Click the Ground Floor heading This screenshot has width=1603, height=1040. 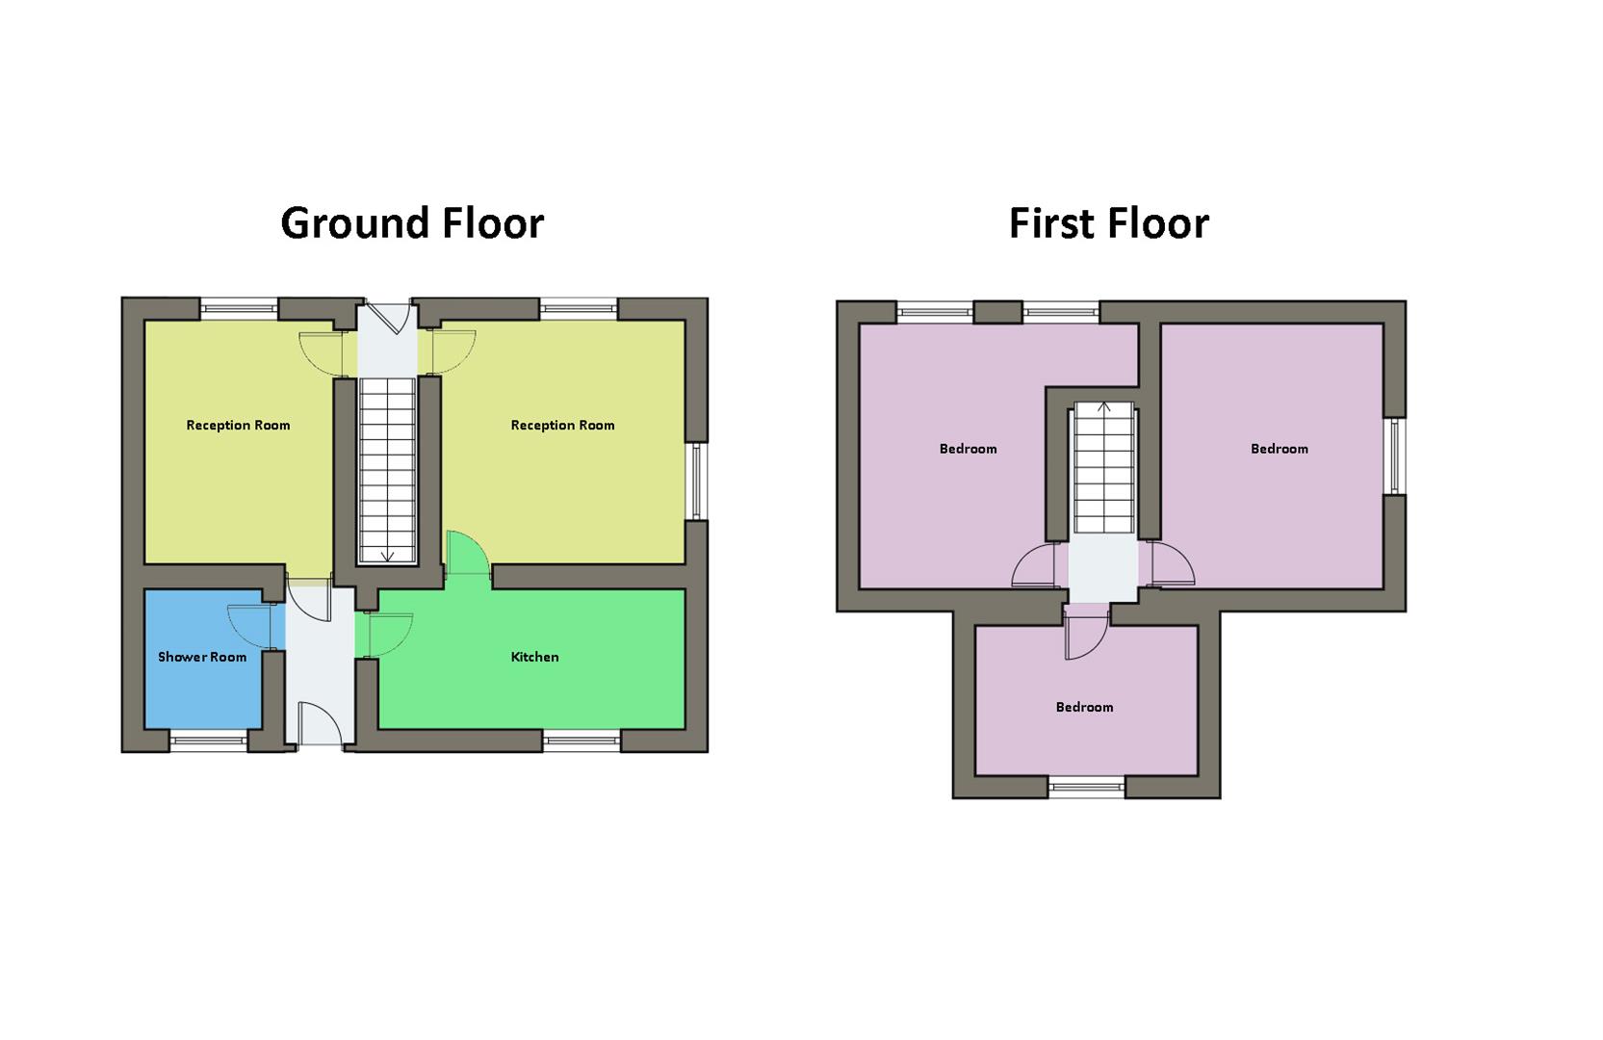pos(412,223)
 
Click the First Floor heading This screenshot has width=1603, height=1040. pos(1108,223)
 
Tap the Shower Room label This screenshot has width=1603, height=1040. pos(202,658)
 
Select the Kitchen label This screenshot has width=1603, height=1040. pos(534,658)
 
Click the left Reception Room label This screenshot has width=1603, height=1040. pos(238,426)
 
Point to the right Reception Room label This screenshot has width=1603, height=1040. pos(562,426)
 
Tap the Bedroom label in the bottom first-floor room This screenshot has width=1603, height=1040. pos(1084,708)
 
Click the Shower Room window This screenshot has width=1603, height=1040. pos(208,741)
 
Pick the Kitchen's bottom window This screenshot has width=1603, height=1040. pos(581,741)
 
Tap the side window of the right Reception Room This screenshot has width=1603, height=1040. pos(696,481)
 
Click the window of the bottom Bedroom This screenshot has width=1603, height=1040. pos(1086,787)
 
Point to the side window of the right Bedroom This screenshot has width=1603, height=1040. pos(1395,456)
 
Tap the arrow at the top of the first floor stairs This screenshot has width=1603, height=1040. pos(1104,407)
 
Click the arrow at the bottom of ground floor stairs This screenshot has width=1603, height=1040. pos(387,556)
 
